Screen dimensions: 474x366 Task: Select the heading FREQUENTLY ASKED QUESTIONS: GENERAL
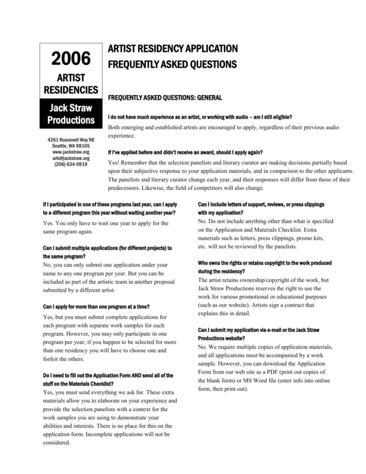coord(164,98)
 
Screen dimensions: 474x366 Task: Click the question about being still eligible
coord(200,117)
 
